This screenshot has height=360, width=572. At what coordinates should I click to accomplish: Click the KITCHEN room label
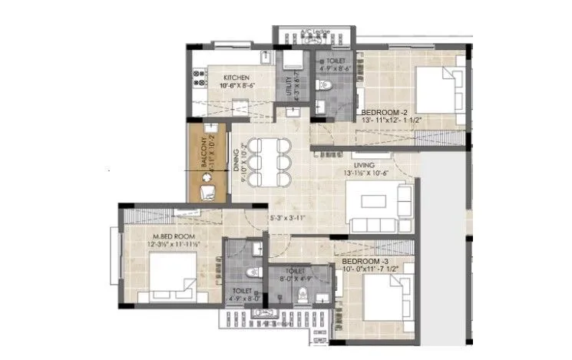[x=236, y=78]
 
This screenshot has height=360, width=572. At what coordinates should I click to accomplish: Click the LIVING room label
[x=363, y=164]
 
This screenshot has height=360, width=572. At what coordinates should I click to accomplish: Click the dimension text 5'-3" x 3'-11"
[x=289, y=219]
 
